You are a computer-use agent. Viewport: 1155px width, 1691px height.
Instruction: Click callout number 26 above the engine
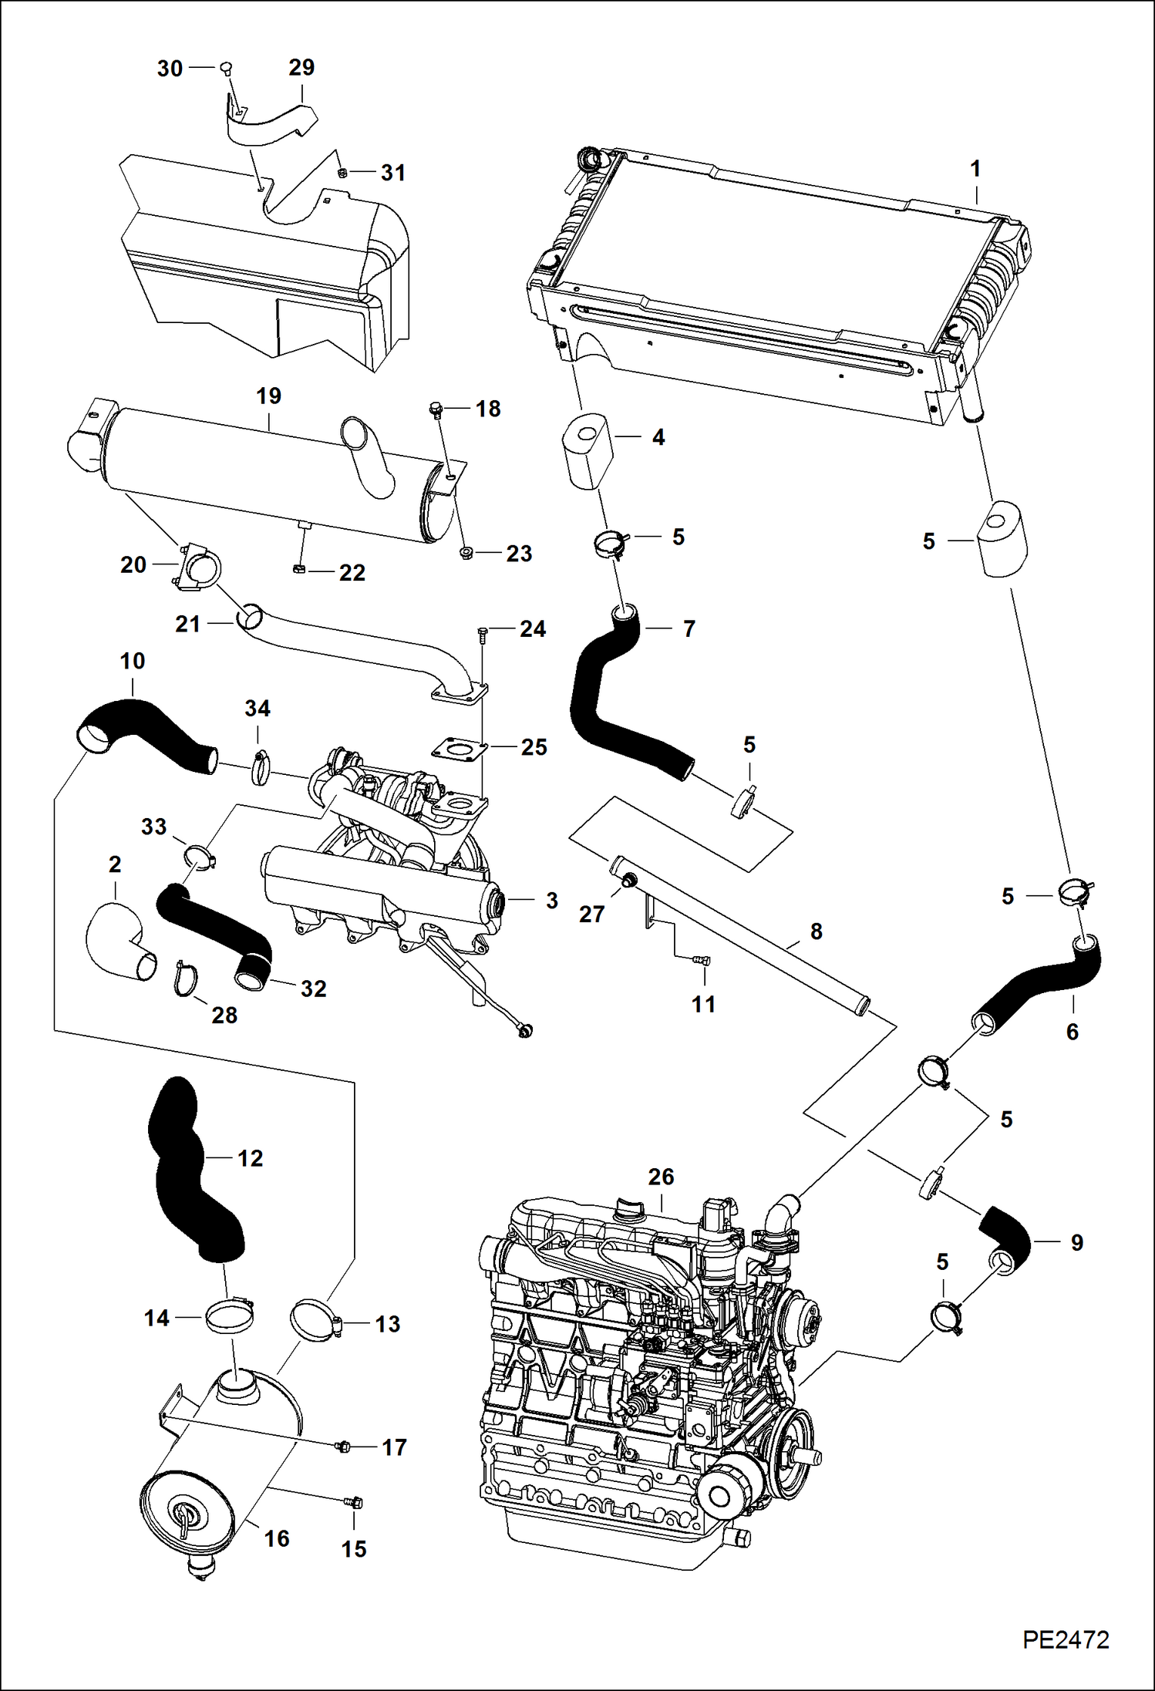pyautogui.click(x=661, y=1177)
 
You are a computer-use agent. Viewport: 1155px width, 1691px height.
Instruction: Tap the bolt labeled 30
pyautogui.click(x=226, y=69)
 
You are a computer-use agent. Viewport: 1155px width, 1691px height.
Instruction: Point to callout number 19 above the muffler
pyautogui.click(x=268, y=396)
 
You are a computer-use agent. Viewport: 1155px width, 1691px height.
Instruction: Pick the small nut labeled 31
pyautogui.click(x=342, y=172)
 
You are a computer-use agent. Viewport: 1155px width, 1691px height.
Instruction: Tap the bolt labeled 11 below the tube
pyautogui.click(x=700, y=960)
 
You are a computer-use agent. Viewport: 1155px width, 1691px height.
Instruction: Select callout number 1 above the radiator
pyautogui.click(x=975, y=169)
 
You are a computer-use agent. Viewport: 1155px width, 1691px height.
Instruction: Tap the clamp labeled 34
pyautogui.click(x=261, y=767)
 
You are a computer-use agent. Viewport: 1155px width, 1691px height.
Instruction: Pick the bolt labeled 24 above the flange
pyautogui.click(x=483, y=635)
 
